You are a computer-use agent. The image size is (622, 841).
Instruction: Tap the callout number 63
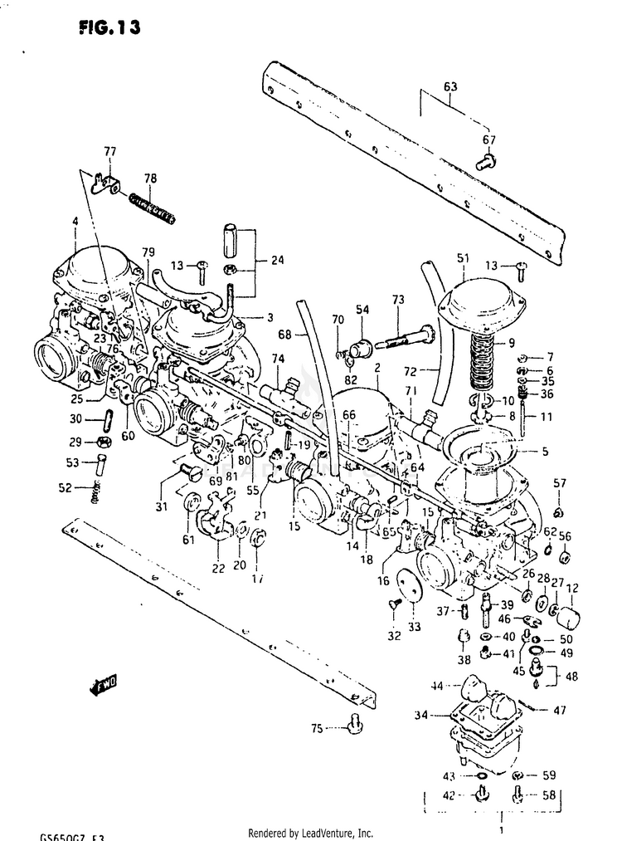tap(450, 86)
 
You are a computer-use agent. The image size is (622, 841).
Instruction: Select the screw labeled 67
tap(486, 161)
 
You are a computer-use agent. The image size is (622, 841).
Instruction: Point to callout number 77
tap(109, 151)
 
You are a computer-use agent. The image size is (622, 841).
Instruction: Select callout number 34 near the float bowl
tap(420, 715)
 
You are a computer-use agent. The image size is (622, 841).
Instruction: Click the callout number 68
tap(284, 335)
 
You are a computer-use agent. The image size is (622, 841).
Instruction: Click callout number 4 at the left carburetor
tap(75, 222)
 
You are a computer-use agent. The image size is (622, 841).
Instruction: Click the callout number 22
tap(218, 568)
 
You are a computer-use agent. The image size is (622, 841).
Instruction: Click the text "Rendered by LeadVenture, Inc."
tap(310, 833)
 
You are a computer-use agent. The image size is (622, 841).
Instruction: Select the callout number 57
tap(560, 484)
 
